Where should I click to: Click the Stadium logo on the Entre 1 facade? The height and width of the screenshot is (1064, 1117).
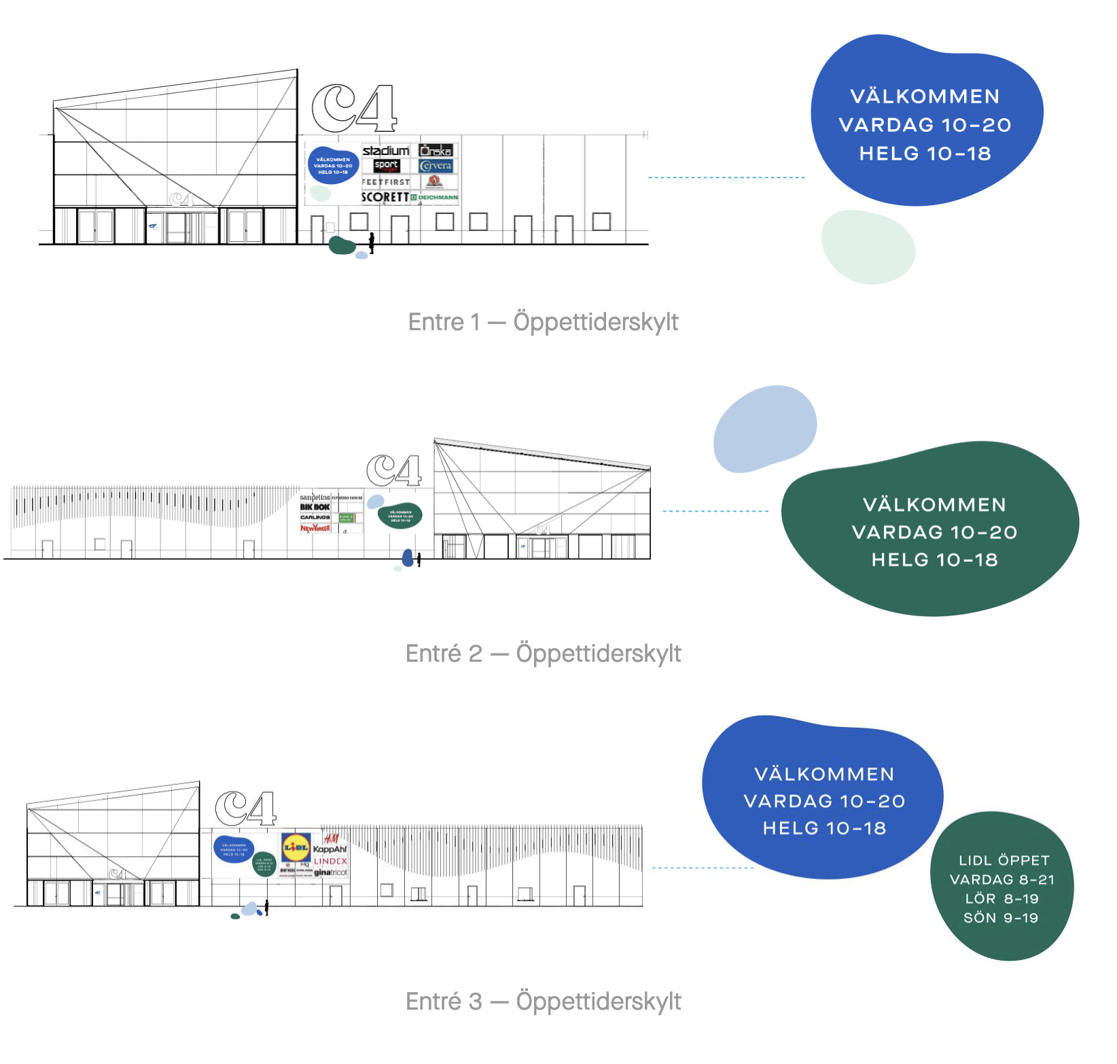click(x=386, y=150)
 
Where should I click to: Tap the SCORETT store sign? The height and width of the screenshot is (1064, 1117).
click(x=385, y=197)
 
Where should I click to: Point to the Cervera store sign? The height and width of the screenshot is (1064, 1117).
click(x=436, y=166)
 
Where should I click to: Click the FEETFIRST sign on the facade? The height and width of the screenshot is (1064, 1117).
click(x=385, y=182)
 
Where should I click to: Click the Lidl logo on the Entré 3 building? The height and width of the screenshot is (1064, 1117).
click(x=296, y=848)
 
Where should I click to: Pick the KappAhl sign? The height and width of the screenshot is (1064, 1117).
click(x=330, y=849)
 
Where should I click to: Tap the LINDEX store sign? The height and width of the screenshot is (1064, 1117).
click(x=330, y=861)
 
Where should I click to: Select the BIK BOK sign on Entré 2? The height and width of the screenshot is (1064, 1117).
click(x=315, y=507)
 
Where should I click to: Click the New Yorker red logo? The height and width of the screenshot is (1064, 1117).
click(x=315, y=528)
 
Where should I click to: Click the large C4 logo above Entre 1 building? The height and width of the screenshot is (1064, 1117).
click(x=354, y=109)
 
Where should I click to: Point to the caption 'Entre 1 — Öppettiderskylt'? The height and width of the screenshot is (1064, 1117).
click(x=543, y=322)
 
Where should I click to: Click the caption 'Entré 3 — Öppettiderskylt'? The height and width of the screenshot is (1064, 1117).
click(x=543, y=1001)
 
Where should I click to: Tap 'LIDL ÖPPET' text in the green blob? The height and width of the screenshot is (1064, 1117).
click(x=1004, y=860)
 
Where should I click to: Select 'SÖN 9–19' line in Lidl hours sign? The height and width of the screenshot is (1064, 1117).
click(x=1001, y=918)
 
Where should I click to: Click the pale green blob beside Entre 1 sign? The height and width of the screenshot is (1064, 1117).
click(x=868, y=247)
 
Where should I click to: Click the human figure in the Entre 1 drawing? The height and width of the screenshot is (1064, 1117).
click(x=372, y=243)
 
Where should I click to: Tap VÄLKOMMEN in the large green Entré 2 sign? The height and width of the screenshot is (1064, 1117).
click(x=934, y=505)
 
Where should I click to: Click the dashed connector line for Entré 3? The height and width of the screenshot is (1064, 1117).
click(x=703, y=868)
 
